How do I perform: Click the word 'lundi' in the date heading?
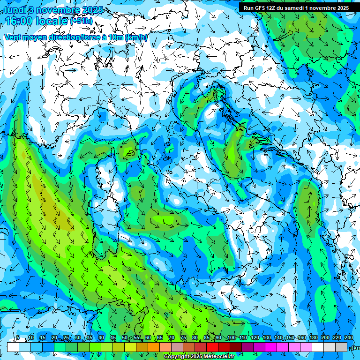(x=15, y=10)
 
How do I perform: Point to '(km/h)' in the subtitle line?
(x=136, y=37)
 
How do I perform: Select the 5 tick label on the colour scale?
(x=18, y=338)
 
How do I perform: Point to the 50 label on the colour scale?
(x=124, y=338)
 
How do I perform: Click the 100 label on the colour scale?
(x=231, y=338)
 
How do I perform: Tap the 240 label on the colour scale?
(x=348, y=338)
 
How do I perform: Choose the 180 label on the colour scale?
(x=313, y=338)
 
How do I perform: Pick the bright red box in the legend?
(x=212, y=347)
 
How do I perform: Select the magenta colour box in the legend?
(x=271, y=347)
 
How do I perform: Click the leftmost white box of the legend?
(x=13, y=347)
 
